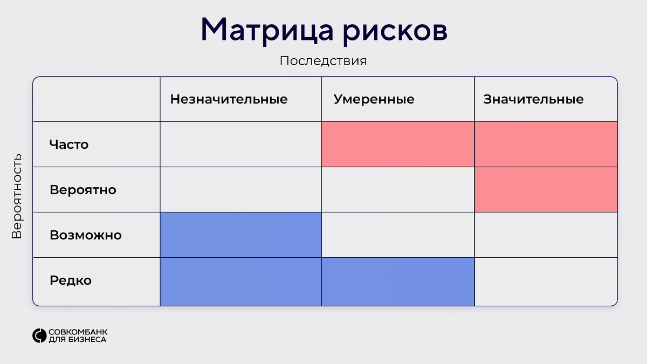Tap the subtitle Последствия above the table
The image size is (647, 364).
coord(323,61)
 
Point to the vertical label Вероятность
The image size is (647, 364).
coord(17,196)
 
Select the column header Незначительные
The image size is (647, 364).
coord(229,99)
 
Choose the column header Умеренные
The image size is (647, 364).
coord(374,99)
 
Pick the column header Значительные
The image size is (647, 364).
coord(533,99)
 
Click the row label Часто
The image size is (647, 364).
coord(68,145)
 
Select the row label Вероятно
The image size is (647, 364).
coord(82,190)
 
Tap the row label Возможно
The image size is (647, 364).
coord(85,235)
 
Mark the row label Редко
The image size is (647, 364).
coord(71,280)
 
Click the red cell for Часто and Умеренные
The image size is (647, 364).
coord(398,145)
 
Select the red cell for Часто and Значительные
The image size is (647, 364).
coord(546,145)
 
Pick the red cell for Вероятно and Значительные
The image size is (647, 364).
coord(546,190)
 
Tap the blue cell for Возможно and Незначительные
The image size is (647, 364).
coord(240,235)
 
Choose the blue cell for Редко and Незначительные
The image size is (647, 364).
coord(240,281)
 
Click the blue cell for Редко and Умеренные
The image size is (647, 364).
coord(398,281)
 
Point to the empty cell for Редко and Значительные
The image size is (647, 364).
coord(546,281)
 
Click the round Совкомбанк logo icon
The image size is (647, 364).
coord(39,335)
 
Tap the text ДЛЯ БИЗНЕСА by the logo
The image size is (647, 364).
coord(77,340)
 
